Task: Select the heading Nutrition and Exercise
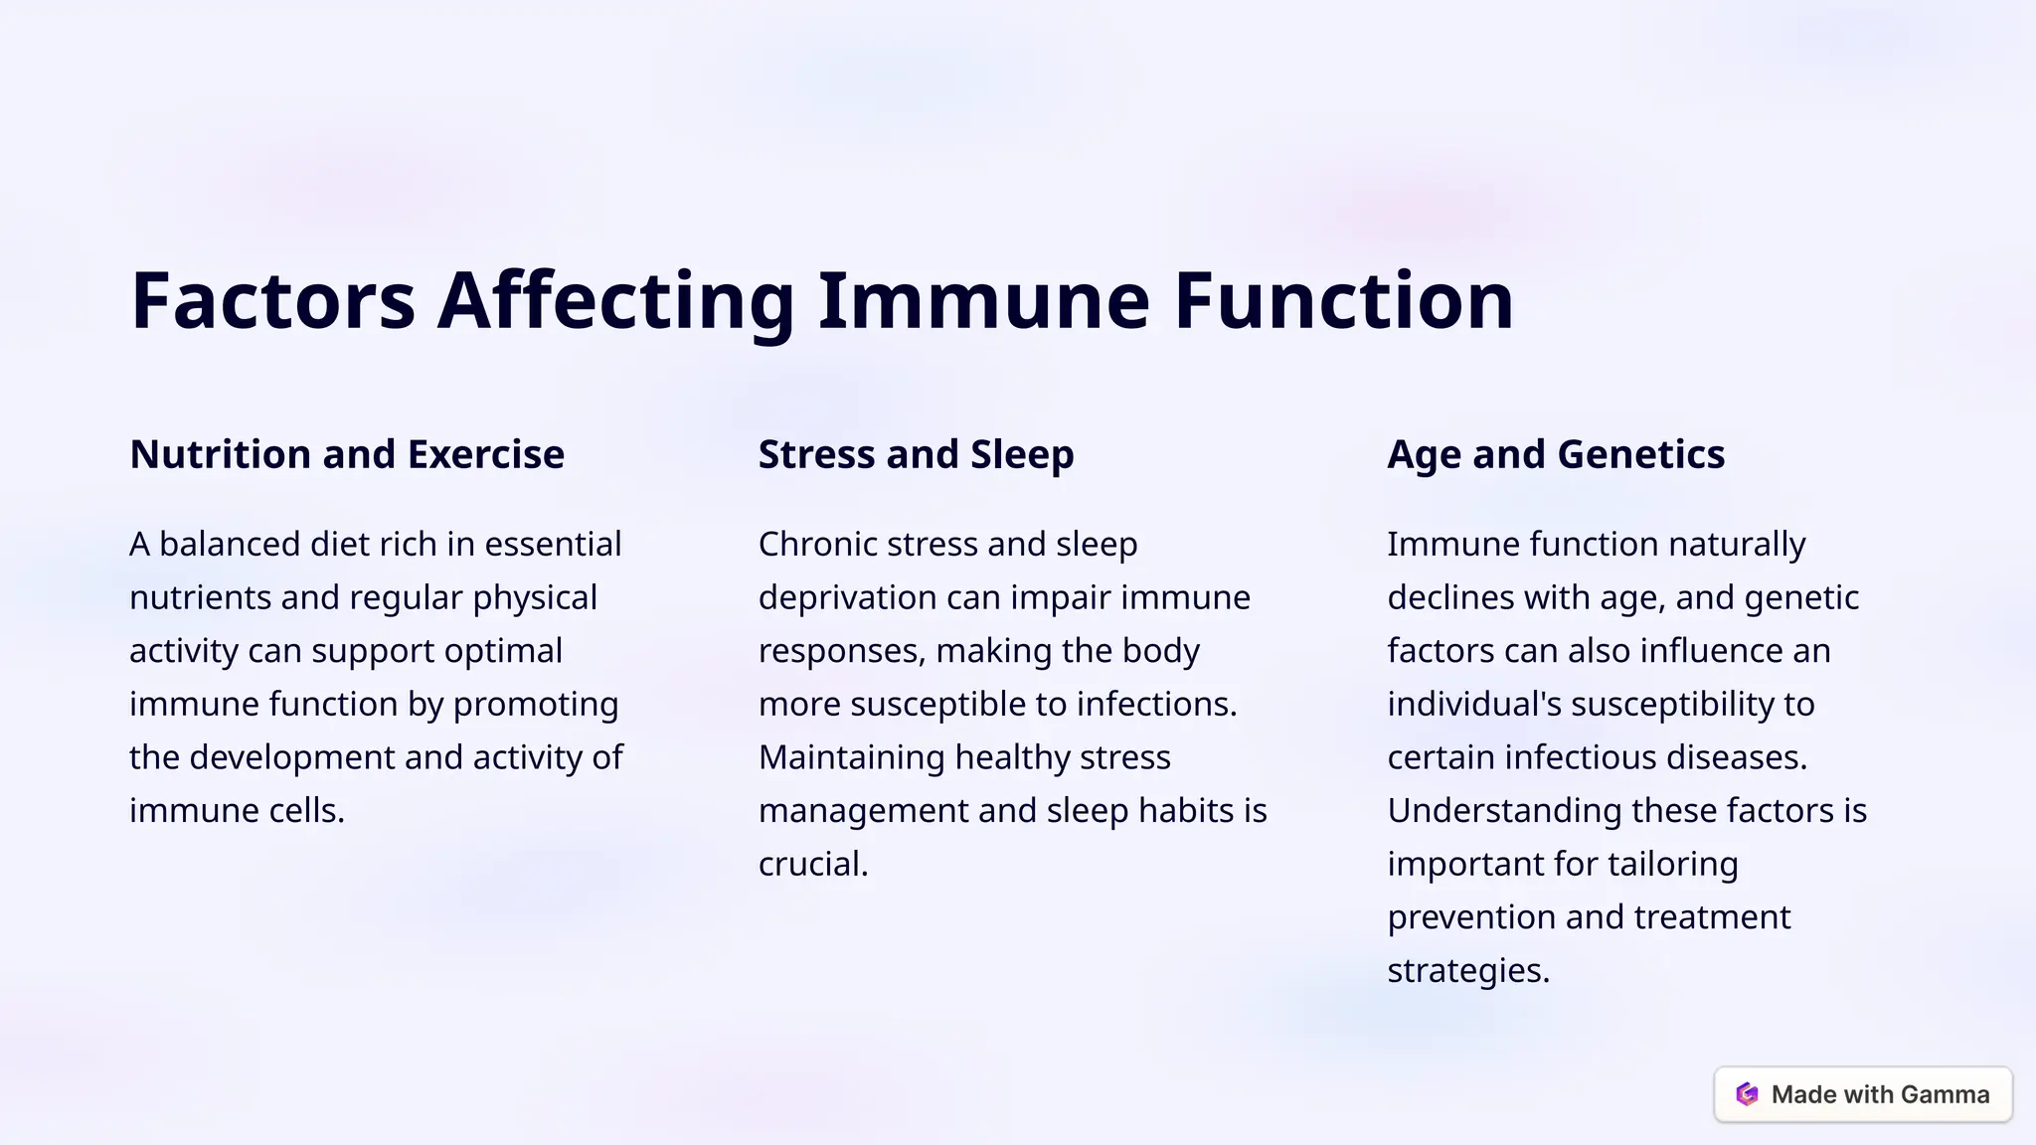click(x=347, y=454)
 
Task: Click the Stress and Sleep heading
click(x=916, y=454)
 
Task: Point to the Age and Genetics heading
click(x=1556, y=454)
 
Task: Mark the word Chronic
click(x=817, y=544)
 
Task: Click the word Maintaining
click(x=851, y=757)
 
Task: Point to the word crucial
click(x=811, y=864)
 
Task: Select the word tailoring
click(x=1673, y=864)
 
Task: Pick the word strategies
click(x=1466, y=970)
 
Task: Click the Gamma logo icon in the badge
click(x=1747, y=1094)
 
